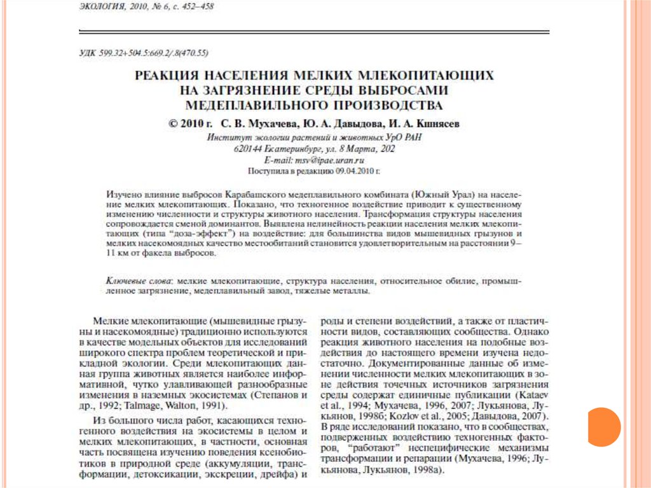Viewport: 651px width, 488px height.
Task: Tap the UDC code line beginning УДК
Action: tap(153, 52)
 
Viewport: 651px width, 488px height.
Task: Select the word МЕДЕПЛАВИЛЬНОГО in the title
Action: tap(256, 104)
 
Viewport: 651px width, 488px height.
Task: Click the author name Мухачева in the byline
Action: tap(266, 124)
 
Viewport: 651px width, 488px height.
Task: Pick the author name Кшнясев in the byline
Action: tap(436, 124)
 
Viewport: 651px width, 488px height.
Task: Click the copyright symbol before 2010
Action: tap(174, 124)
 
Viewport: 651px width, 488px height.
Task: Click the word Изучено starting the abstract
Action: tap(123, 193)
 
